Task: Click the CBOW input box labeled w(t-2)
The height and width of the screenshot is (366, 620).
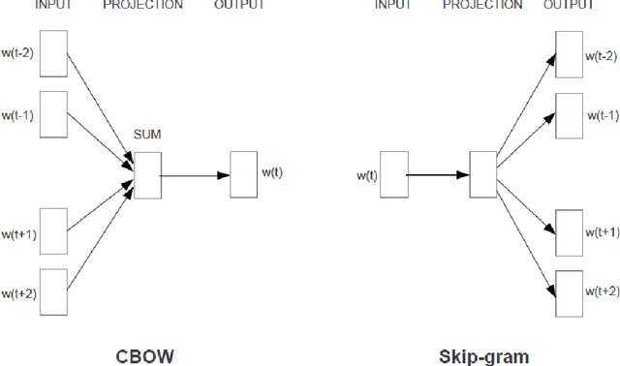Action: tap(53, 53)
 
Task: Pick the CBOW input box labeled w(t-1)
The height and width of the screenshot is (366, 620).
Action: tap(53, 115)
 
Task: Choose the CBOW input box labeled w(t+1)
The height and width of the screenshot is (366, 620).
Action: tap(53, 230)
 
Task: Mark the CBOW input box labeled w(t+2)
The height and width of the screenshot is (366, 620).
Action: tap(53, 291)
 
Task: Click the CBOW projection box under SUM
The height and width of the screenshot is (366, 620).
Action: tap(148, 174)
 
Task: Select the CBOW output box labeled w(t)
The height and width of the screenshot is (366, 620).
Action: tap(243, 174)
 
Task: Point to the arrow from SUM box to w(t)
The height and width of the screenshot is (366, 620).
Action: tap(195, 175)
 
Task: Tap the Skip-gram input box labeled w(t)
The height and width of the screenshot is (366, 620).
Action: tap(393, 175)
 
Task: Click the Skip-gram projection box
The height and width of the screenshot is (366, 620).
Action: tap(482, 175)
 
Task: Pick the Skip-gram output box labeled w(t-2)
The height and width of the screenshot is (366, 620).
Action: tap(570, 53)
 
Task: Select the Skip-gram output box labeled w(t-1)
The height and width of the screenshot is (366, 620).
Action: tap(570, 115)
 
